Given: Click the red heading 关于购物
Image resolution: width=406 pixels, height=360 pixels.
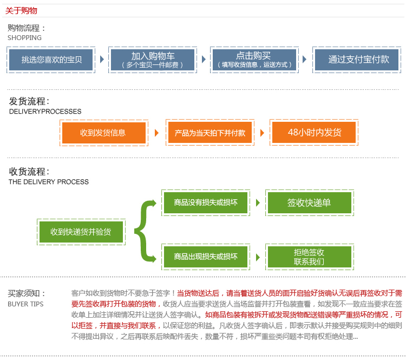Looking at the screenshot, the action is tap(21, 11).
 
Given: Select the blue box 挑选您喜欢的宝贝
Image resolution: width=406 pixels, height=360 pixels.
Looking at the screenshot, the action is tap(51, 60).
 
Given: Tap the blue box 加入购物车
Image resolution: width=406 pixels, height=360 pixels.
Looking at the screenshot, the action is tap(153, 60).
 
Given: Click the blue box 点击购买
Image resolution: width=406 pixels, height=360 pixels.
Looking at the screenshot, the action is tap(254, 60).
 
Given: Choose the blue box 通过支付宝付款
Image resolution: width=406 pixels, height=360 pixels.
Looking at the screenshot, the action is tap(357, 60).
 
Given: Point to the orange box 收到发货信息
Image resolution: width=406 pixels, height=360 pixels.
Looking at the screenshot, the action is tap(104, 133).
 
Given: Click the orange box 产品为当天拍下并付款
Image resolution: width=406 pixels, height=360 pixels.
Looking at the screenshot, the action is tap(210, 133).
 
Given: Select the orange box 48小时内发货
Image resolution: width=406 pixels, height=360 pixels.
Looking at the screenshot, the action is tap(314, 133).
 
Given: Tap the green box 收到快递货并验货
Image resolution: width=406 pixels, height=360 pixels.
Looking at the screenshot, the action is tap(81, 232).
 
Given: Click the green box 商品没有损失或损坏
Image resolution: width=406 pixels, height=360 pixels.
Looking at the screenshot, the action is tap(206, 203).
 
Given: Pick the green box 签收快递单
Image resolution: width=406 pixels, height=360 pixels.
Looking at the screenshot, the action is tap(310, 203).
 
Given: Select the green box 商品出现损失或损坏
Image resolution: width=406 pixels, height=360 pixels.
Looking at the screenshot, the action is tap(206, 257).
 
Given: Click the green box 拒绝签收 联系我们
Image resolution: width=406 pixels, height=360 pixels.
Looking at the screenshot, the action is tap(310, 257).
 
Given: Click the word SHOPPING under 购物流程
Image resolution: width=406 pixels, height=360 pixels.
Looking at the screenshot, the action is tap(24, 38).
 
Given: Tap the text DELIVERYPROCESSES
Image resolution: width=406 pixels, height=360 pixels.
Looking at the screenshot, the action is tap(45, 112).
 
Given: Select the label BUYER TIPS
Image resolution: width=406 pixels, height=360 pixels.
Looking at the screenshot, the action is tap(25, 304).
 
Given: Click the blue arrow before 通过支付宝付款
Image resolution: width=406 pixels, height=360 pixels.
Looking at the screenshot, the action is tap(304, 60).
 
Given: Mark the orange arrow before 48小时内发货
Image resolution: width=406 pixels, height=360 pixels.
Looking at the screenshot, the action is tap(263, 133).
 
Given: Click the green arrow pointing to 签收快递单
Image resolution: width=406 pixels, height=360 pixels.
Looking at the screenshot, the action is tap(258, 202).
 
